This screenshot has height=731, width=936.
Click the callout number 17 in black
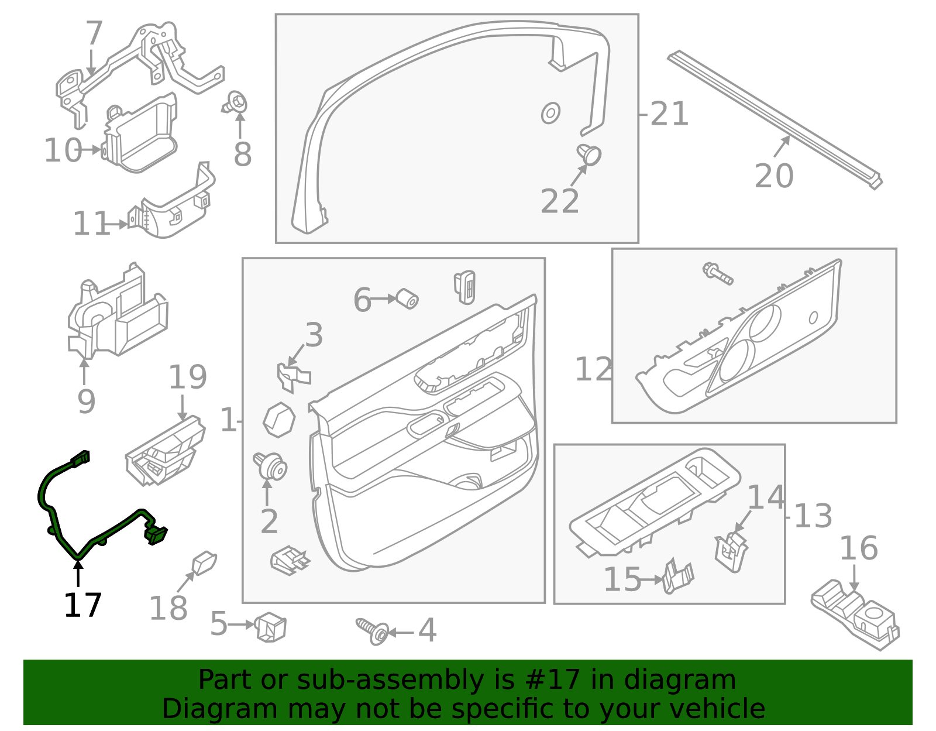point(82,605)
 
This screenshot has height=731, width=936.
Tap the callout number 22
point(559,201)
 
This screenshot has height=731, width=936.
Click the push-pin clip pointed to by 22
point(589,155)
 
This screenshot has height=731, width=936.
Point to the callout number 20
point(773,176)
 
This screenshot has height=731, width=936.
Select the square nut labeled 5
point(270,627)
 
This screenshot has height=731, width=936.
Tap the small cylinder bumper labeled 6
point(407,298)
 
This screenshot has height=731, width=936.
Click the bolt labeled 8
point(236,104)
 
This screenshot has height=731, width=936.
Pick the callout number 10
point(63,150)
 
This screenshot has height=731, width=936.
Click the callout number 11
point(91,224)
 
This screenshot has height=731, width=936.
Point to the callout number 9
point(86,401)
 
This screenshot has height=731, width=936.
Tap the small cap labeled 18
point(204,562)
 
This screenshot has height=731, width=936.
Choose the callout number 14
point(766,498)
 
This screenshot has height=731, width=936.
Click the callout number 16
point(858,548)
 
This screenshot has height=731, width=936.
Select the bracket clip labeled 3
point(292,376)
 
